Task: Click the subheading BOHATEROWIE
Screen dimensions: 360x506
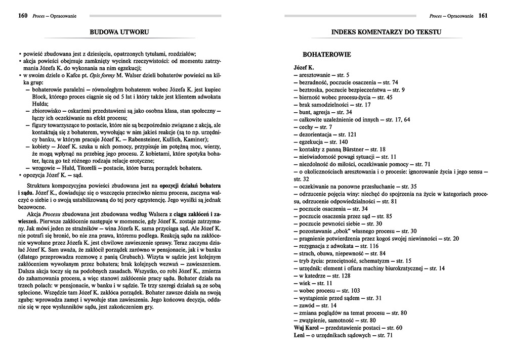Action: coord(323,53)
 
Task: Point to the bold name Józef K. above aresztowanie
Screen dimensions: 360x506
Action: coord(304,67)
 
